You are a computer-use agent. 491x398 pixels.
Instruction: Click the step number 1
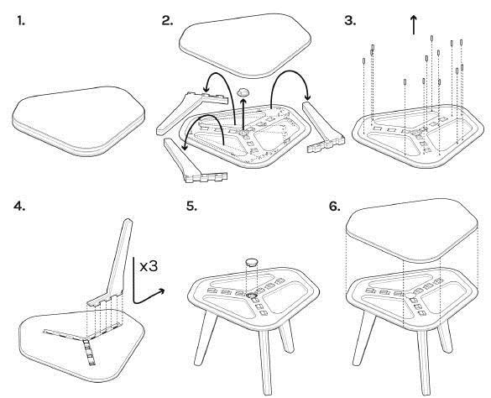[21, 21]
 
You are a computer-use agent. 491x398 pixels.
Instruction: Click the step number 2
[167, 21]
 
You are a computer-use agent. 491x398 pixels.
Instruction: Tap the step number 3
[350, 21]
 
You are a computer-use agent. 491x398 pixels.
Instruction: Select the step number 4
[19, 206]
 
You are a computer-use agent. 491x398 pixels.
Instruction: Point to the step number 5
[191, 207]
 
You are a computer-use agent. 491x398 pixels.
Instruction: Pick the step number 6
[335, 207]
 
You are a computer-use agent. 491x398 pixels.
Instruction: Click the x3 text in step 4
[149, 266]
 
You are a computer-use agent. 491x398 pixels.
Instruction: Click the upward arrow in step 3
[414, 25]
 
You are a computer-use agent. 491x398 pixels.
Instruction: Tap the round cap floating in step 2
[243, 92]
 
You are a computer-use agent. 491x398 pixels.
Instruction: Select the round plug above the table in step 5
[252, 262]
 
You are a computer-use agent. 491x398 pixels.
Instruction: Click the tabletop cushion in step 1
[79, 121]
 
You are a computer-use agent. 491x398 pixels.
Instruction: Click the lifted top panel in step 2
[245, 45]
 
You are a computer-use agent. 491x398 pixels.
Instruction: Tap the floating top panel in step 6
[412, 230]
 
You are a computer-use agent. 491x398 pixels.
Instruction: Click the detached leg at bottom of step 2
[194, 161]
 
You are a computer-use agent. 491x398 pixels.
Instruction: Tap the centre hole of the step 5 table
[251, 296]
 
